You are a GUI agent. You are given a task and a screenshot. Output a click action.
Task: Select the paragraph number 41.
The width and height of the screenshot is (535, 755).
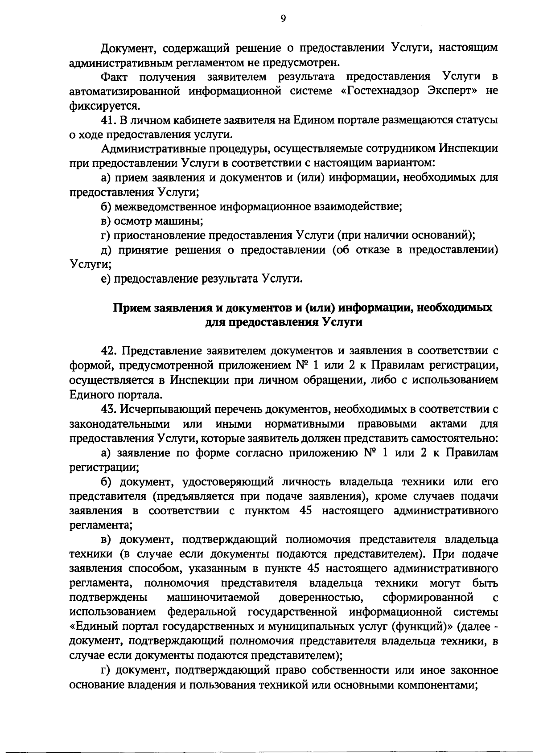click(x=109, y=120)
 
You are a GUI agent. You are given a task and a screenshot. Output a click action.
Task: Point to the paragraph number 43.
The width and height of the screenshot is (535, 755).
click(x=109, y=409)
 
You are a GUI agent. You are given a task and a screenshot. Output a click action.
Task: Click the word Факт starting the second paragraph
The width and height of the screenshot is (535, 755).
click(x=115, y=77)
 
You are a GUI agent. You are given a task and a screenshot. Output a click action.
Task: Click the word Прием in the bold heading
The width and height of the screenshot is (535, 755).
click(x=131, y=308)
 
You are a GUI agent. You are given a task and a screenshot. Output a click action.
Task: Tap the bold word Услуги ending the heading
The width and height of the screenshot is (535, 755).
click(x=341, y=322)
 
